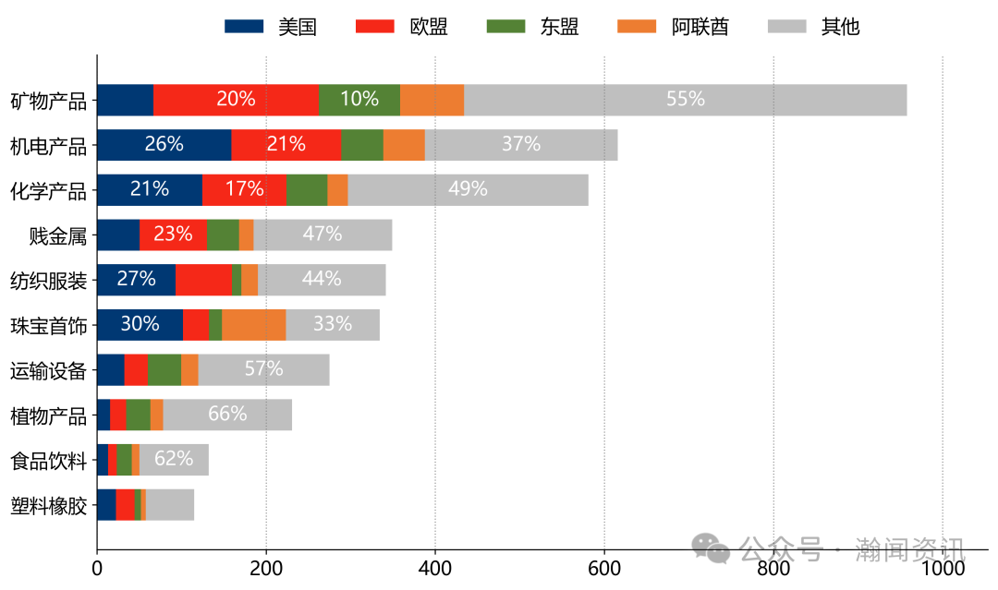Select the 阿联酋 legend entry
[675, 26]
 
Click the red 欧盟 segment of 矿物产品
[236, 100]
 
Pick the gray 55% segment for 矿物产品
[685, 100]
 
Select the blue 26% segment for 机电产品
[164, 145]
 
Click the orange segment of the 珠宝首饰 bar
[253, 325]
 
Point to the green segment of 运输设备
[164, 370]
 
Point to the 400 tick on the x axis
[435, 570]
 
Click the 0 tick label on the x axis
[97, 570]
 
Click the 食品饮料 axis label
[48, 460]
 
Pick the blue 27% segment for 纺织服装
[136, 280]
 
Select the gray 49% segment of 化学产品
[468, 190]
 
